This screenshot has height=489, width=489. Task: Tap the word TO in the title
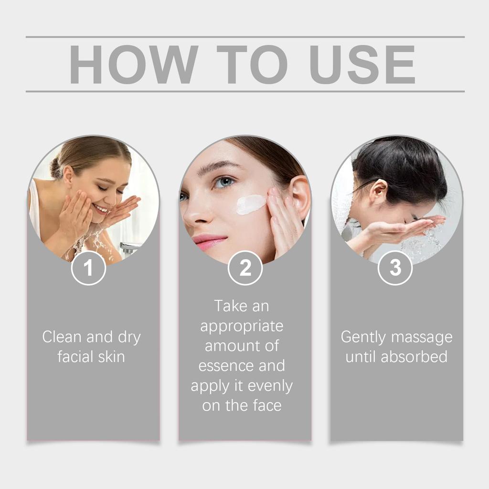point(252,64)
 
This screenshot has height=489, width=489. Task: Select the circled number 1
point(88,268)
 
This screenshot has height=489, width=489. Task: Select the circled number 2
point(245,268)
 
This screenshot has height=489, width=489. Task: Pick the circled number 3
point(395,268)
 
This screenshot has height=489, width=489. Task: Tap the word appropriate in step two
point(242,326)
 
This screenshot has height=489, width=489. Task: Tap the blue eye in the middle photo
point(223,182)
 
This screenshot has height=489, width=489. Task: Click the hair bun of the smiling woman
point(54,168)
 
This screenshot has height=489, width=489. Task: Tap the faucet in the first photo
point(129,247)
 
